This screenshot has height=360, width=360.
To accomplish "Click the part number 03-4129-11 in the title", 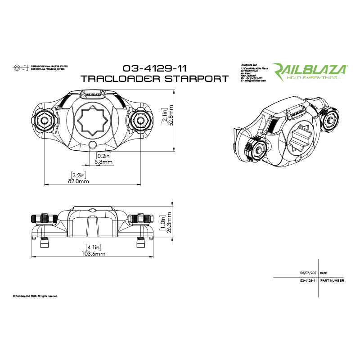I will click(155, 69).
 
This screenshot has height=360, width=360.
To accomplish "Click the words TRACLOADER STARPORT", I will click(154, 78).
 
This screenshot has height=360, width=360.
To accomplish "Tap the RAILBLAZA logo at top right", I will click(311, 69).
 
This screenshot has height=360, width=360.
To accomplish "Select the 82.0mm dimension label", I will click(79, 181).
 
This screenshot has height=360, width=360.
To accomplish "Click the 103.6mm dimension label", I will click(93, 254).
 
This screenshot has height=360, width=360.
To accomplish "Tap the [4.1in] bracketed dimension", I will click(93, 247).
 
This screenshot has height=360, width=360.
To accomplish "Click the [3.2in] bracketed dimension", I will click(78, 174).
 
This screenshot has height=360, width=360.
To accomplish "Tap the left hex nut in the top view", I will click(45, 120).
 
